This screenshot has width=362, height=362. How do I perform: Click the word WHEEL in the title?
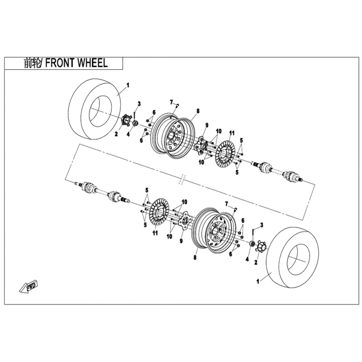click(x=92, y=63)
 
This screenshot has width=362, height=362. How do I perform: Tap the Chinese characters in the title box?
click(x=32, y=63)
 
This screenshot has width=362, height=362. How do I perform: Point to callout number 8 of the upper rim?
click(x=198, y=110)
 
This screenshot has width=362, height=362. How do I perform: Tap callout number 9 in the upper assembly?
click(x=206, y=125)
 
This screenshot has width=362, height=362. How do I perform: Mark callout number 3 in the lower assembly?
click(x=262, y=225)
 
